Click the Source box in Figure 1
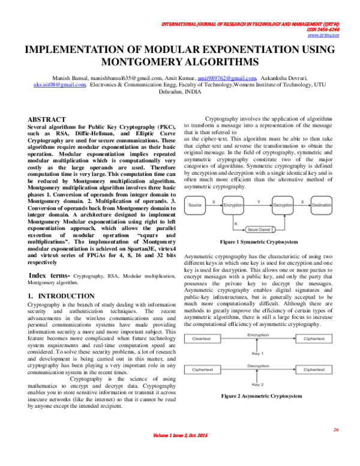[194, 205]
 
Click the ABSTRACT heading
[47, 120]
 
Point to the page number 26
[336, 430]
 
